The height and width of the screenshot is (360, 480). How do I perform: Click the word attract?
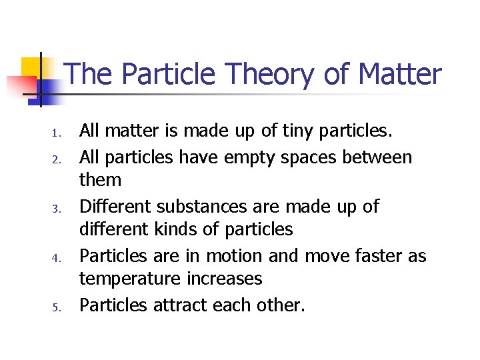(x=182, y=305)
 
